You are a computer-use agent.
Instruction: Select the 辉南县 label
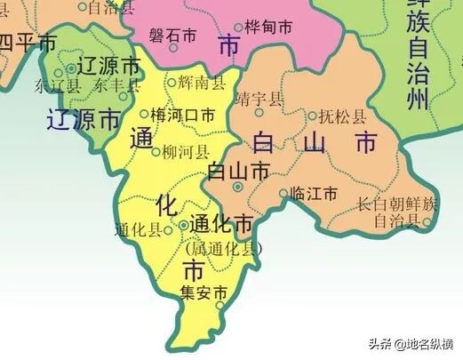pyautogui.click(x=198, y=82)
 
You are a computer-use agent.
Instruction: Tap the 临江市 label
pyautogui.click(x=315, y=193)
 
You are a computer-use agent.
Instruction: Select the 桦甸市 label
pyautogui.click(x=267, y=28)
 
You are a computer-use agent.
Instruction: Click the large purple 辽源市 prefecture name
pyautogui.click(x=84, y=119)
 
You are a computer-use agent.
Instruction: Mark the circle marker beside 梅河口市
pyautogui.click(x=146, y=114)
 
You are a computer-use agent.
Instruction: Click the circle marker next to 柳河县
pyautogui.click(x=156, y=153)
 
